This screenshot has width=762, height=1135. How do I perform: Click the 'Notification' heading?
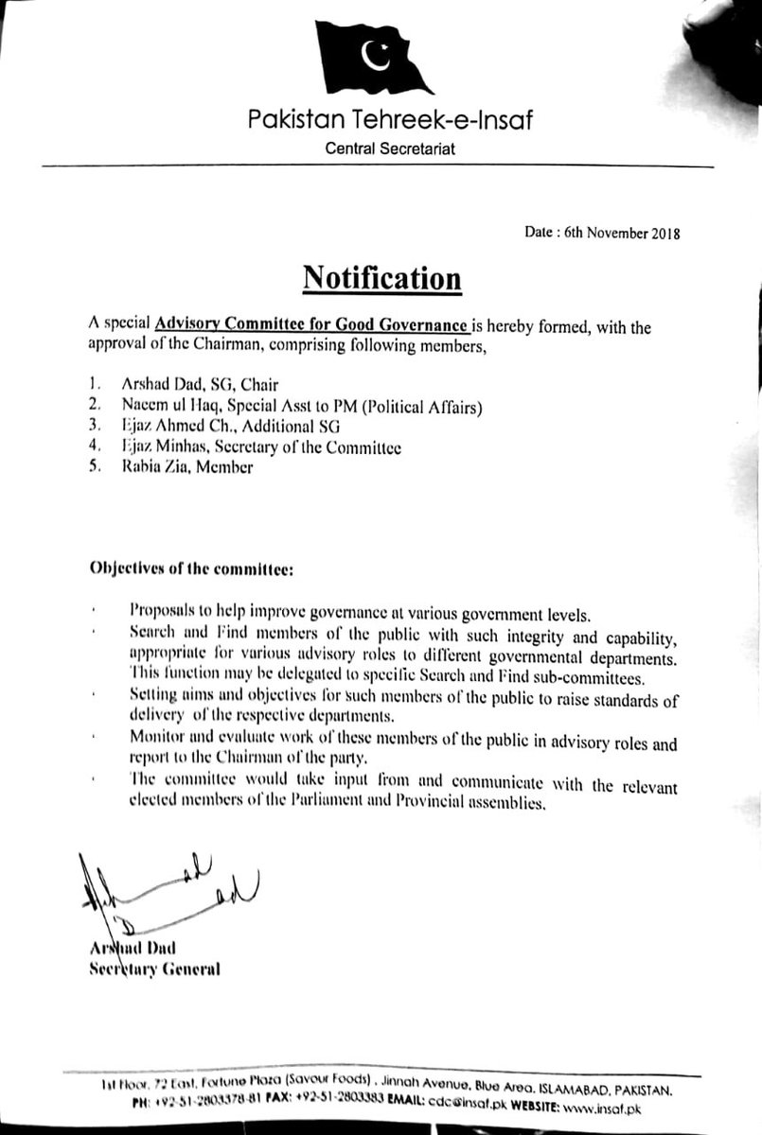point(381,280)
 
